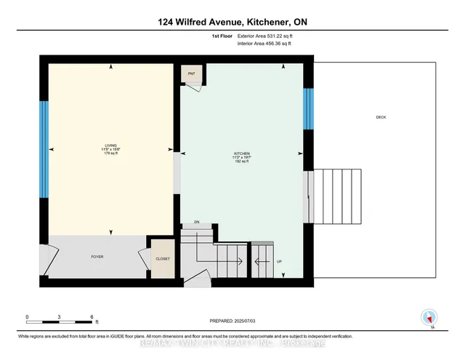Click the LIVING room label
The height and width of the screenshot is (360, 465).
tap(110, 147)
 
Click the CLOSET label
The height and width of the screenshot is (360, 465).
tap(161, 259)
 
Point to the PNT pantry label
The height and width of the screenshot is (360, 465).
tap(192, 74)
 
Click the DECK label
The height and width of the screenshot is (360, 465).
tap(381, 117)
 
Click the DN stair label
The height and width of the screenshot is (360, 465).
tap(196, 222)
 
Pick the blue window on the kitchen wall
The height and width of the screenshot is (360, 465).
tap(307, 108)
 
